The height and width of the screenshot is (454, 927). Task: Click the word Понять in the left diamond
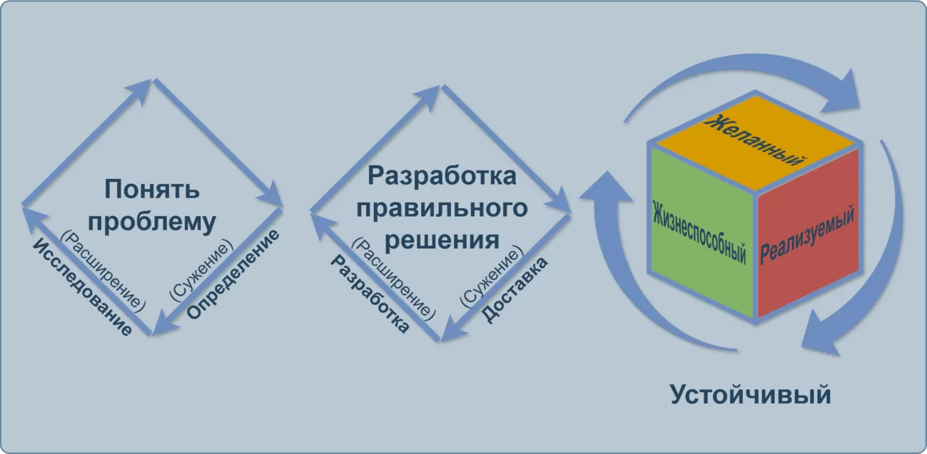(152, 190)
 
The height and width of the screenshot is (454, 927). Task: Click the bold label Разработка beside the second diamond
(370, 294)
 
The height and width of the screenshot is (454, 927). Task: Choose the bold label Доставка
(515, 290)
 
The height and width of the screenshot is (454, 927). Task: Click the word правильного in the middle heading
(442, 207)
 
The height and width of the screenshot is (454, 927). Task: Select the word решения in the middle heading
(442, 239)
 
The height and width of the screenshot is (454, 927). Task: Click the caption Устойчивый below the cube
(751, 394)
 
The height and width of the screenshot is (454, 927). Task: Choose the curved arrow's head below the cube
(821, 335)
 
